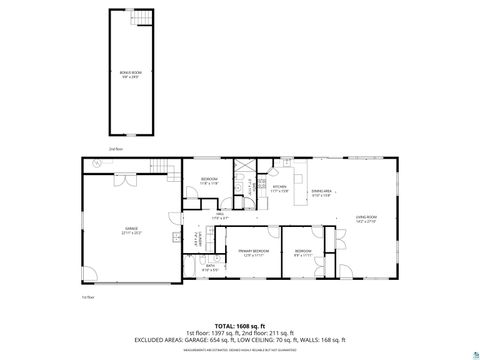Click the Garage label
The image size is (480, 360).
(x=130, y=232)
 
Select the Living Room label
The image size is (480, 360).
(x=366, y=218)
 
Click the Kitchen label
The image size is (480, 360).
(x=279, y=187)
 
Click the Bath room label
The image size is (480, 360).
(x=210, y=268)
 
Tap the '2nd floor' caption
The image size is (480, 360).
(x=115, y=149)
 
